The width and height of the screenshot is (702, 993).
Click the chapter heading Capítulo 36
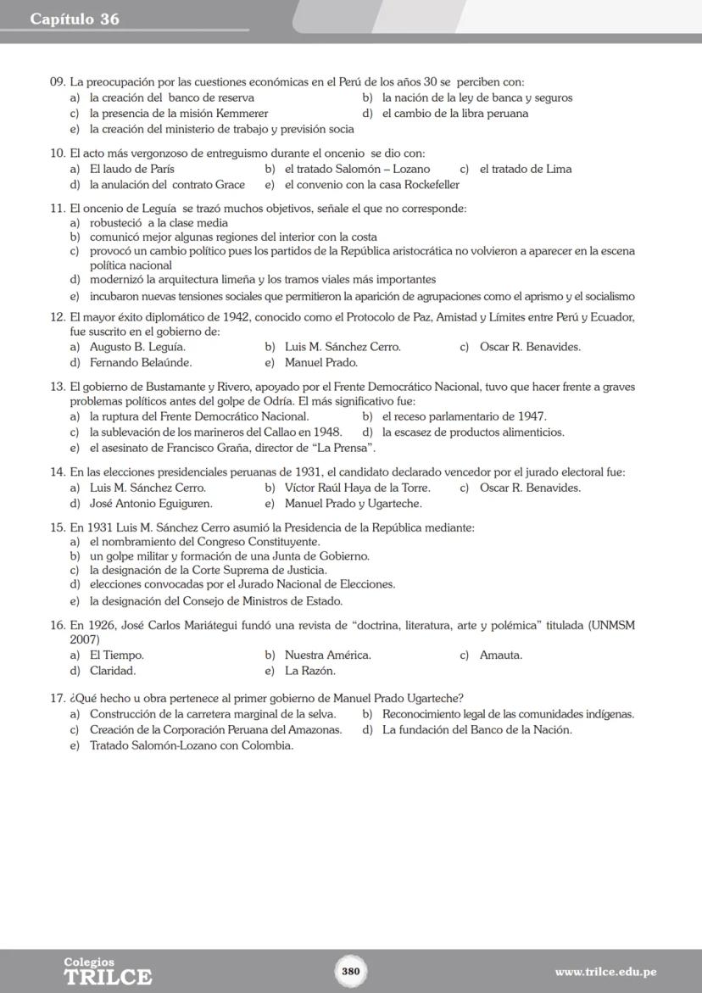75,19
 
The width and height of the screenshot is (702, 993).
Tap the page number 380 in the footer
351,971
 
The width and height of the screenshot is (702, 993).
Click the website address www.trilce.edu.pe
605,972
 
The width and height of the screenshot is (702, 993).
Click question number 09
58,82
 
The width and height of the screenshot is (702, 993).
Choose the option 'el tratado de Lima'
525,169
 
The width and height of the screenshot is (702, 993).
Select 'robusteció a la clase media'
159,223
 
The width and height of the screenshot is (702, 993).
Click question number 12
58,317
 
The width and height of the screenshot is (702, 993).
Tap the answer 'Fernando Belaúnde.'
141,362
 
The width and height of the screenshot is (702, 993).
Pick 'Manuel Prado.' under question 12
321,362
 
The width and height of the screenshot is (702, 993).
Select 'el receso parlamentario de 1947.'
464,416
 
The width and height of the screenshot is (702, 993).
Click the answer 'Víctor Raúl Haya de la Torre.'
357,488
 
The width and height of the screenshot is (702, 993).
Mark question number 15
58,527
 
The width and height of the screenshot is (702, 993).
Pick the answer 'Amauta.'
500,655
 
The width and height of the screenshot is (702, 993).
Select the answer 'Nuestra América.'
327,655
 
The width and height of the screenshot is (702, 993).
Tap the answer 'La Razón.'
310,671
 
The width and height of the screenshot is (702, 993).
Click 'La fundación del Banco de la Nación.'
476,729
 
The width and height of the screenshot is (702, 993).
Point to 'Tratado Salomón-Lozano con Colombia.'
192,745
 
